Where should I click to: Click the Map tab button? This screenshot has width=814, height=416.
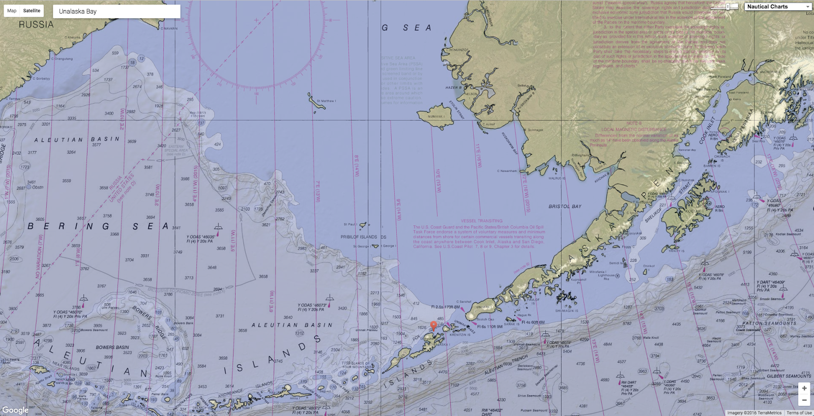coord(12,11)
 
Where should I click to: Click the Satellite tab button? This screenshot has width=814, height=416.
coord(32,11)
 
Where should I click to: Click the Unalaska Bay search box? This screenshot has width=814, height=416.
coord(117,11)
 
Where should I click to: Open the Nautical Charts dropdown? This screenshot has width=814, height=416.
coord(778,7)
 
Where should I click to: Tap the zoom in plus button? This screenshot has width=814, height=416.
coord(804,389)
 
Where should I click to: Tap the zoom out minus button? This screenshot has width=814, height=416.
coord(804,400)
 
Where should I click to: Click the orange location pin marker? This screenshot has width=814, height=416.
coord(433,325)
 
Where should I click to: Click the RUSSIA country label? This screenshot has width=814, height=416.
coord(36,24)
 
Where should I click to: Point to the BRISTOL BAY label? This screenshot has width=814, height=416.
coord(565,206)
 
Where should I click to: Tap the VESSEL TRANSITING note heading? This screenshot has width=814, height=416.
coord(481,221)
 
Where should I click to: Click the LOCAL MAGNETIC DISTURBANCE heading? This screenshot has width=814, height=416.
coord(633,130)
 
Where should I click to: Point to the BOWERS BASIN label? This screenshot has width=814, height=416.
coord(112,347)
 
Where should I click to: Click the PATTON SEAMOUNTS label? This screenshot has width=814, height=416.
coord(762,323)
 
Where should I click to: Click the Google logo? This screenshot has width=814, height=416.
coord(15,410)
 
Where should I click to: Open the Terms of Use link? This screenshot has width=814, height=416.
coord(799,413)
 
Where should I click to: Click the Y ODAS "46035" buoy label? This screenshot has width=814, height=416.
coord(200,237)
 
